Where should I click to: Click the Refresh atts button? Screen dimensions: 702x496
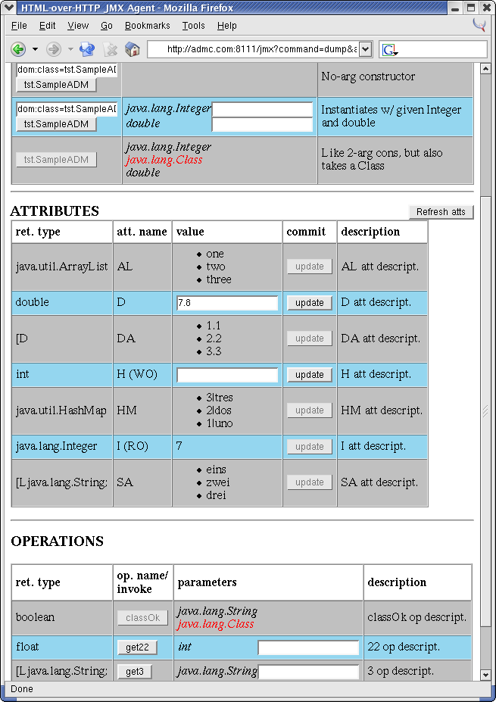tap(441, 212)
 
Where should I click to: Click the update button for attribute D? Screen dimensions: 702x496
tap(309, 303)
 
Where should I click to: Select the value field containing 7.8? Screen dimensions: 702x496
tap(227, 303)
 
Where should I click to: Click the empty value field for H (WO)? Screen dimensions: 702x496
tap(227, 375)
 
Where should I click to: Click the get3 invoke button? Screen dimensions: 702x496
tap(135, 672)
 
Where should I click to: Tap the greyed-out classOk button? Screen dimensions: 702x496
tap(142, 618)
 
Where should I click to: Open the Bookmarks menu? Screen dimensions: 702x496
tap(147, 26)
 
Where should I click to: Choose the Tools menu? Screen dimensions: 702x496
tap(193, 26)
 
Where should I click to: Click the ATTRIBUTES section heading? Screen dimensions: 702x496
tap(55, 211)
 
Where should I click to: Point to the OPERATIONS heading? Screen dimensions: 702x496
tap(57, 541)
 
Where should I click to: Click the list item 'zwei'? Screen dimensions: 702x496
tap(217, 482)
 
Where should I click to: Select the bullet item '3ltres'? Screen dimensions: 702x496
tap(220, 398)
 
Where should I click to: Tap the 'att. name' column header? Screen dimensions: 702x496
tap(142, 232)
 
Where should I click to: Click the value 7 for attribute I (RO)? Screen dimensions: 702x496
tap(179, 446)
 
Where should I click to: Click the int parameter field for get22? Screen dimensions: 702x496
tap(308, 647)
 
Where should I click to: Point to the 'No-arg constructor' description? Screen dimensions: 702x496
tap(368, 76)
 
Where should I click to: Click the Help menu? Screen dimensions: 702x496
tap(227, 26)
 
